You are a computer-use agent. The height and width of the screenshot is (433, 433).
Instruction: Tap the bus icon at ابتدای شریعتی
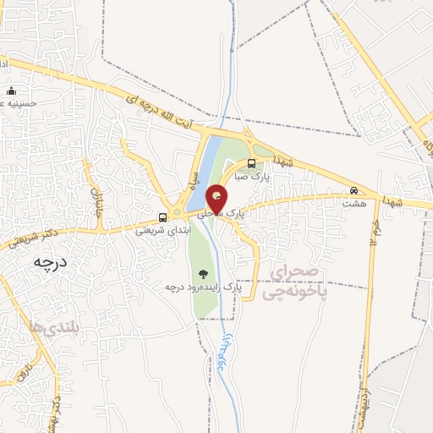coord(163,216)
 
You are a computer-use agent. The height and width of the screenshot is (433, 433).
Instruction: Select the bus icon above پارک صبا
coord(251,163)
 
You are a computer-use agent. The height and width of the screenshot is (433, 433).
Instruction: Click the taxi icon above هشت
coord(354,190)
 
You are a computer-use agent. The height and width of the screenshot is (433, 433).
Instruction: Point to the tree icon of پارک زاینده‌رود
coord(202,273)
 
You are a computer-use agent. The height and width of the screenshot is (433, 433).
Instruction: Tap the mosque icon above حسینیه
coord(11,90)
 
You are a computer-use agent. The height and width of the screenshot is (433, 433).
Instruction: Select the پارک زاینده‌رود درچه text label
coord(203,288)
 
